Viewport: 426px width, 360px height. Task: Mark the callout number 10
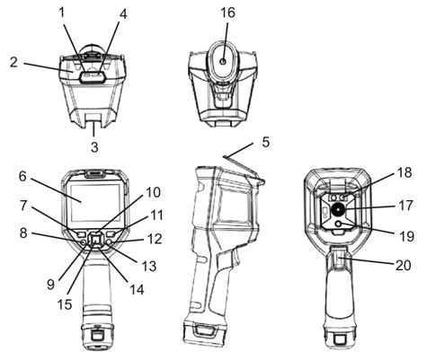pyautogui.click(x=152, y=192)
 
